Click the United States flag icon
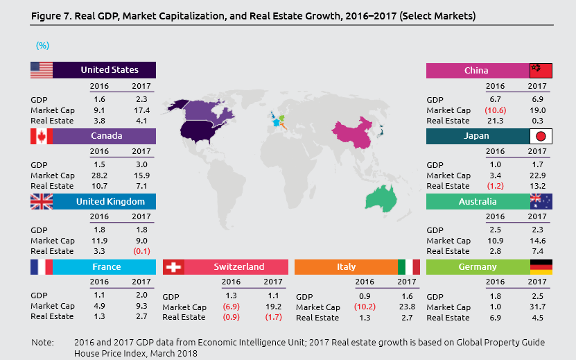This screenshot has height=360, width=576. click(x=42, y=70)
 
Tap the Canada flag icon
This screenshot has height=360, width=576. click(x=42, y=136)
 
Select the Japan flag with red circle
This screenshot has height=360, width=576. click(x=541, y=136)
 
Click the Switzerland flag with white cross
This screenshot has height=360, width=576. click(x=173, y=267)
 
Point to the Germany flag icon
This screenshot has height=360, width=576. click(x=541, y=267)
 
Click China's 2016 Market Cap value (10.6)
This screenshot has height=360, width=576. click(x=495, y=110)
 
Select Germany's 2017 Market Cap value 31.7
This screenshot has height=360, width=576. click(x=537, y=307)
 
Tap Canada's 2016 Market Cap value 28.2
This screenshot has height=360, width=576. click(x=100, y=176)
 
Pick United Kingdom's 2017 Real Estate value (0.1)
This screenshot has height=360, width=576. click(x=141, y=251)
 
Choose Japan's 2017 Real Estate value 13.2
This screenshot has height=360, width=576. click(x=537, y=186)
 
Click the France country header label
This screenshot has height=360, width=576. click(x=106, y=267)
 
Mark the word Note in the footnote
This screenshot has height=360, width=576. click(x=42, y=343)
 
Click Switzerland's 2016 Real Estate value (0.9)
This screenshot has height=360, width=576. click(x=232, y=317)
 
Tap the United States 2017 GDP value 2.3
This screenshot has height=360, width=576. click(x=141, y=99)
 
